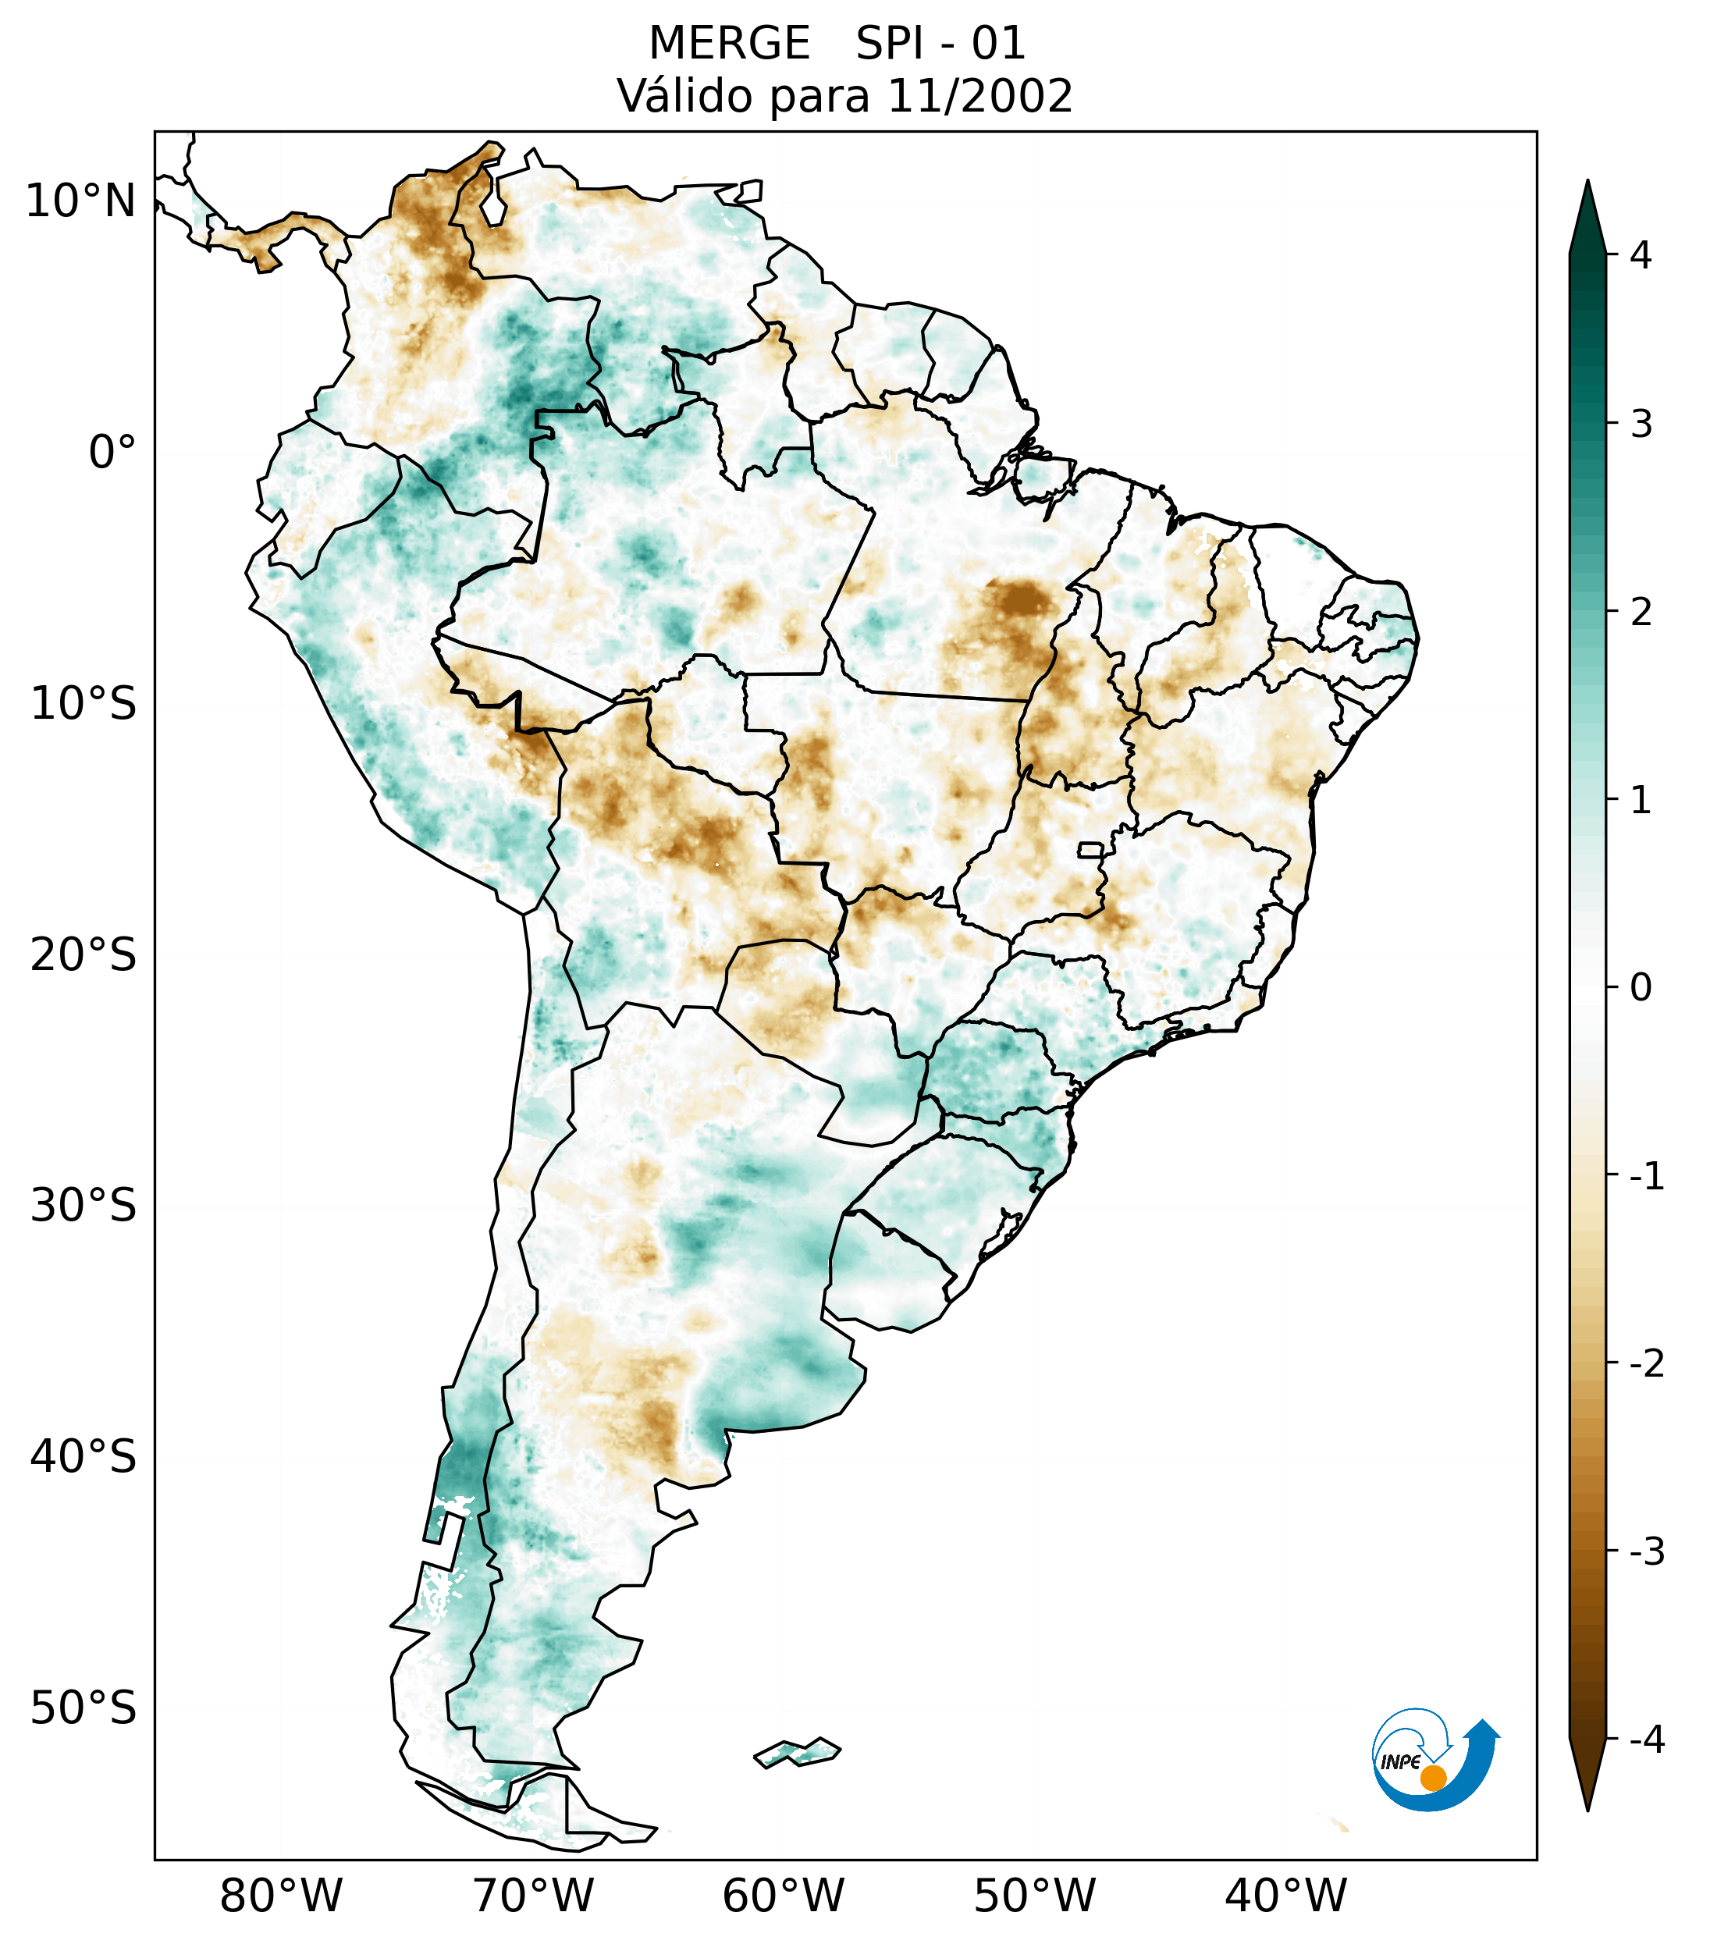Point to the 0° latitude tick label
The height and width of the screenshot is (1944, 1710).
[x=112, y=453]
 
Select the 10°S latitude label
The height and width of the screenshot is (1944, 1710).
[x=84, y=705]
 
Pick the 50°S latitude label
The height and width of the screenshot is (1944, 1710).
[x=84, y=1709]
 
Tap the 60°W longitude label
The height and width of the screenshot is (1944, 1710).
[x=783, y=1896]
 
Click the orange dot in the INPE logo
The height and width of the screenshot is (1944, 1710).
[x=1432, y=1778]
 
